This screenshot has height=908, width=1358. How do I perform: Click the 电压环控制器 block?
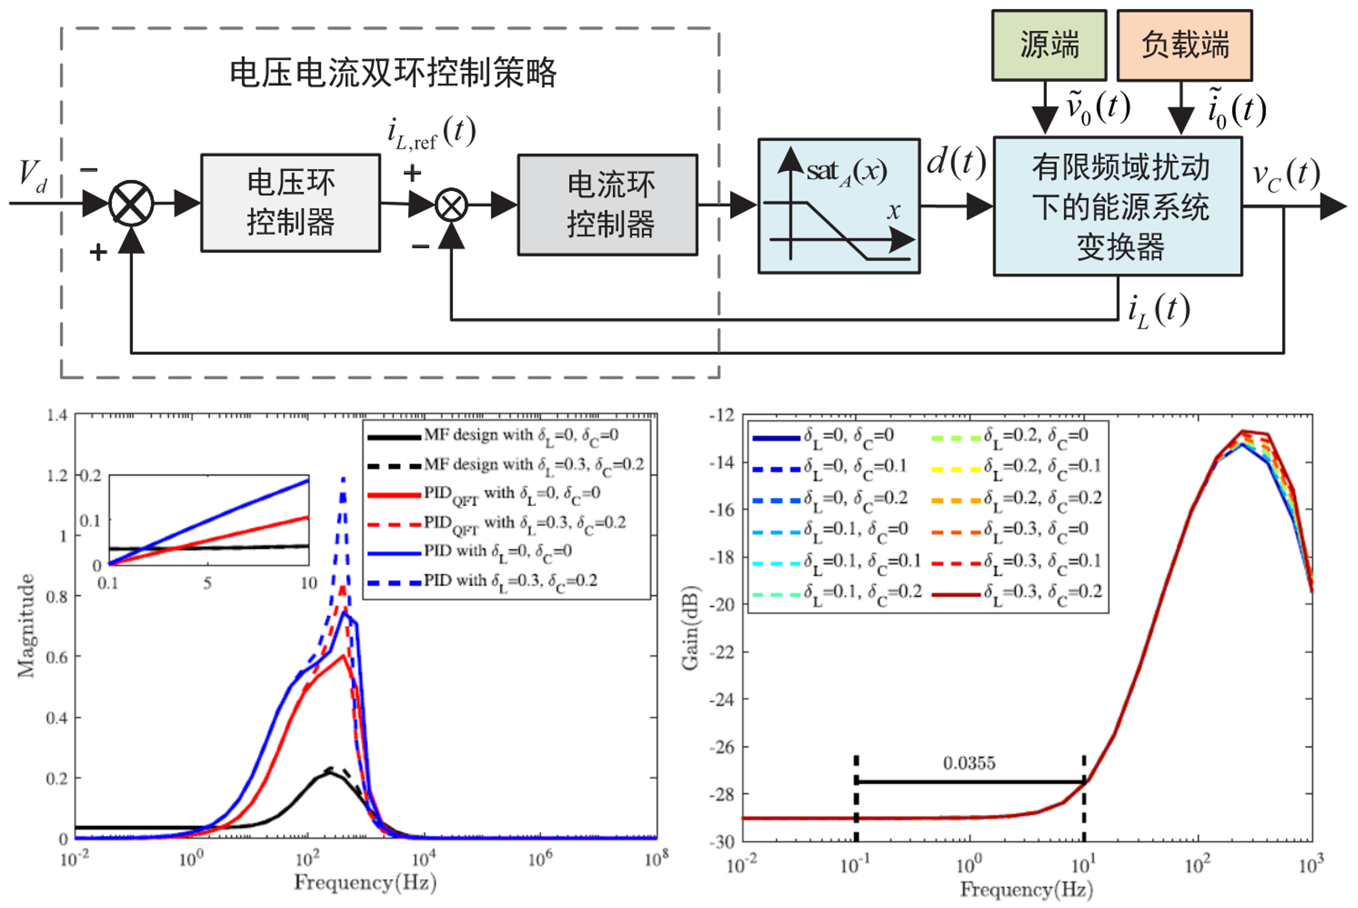[x=290, y=202]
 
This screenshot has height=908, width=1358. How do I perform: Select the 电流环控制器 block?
[x=608, y=204]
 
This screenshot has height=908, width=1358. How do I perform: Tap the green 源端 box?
[x=1049, y=45]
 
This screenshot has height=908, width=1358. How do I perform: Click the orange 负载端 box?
[x=1185, y=45]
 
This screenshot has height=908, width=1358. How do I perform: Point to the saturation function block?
[x=839, y=206]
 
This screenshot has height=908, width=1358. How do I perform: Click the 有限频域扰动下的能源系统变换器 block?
[x=1118, y=206]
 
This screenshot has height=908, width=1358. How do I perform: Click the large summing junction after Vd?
[x=131, y=203]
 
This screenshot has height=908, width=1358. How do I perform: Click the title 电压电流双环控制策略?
[x=393, y=73]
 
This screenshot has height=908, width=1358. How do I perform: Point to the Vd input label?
[x=33, y=176]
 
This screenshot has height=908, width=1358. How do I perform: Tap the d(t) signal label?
[x=956, y=162]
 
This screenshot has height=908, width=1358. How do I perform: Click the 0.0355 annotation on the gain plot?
[x=969, y=764]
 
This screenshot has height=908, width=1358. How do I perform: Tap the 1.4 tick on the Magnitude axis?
[x=57, y=415]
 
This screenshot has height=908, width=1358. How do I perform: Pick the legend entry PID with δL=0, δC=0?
[x=498, y=551]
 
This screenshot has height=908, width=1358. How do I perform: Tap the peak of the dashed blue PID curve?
[x=343, y=478]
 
